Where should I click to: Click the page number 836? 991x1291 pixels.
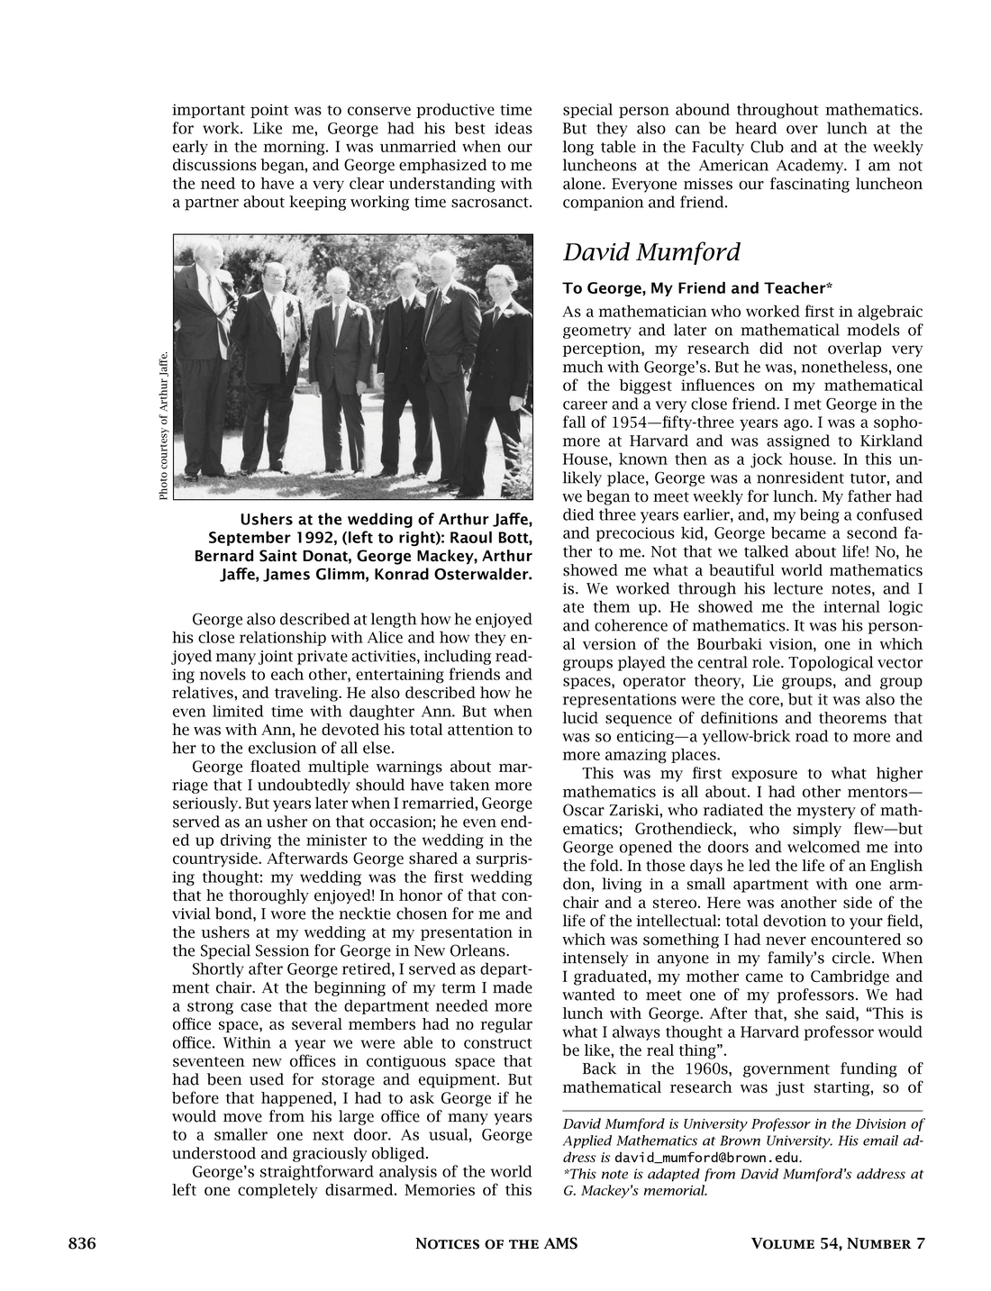click(x=82, y=1244)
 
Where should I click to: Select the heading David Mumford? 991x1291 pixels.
click(x=651, y=252)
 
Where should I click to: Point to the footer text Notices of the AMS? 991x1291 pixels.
click(x=495, y=1244)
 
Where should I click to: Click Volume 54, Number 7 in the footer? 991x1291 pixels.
click(x=838, y=1244)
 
